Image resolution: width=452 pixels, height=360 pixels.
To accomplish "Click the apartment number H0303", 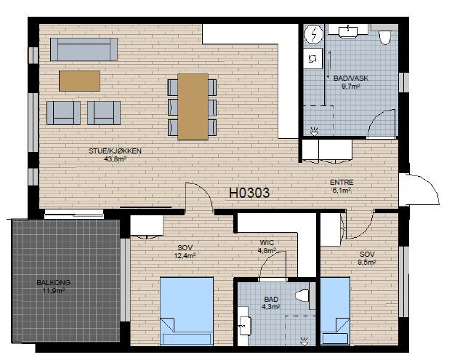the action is (x=249, y=193).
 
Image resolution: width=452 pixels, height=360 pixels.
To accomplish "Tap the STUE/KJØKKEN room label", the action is (x=115, y=151).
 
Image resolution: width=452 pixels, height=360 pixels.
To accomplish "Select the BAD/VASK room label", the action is (x=351, y=78).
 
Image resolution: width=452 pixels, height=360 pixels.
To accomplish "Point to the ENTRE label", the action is (x=342, y=183).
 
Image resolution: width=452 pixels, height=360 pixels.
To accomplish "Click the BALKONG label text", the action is (x=53, y=283).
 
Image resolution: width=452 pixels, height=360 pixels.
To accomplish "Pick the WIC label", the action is (x=267, y=243).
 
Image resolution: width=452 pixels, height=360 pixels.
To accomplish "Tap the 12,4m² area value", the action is (x=185, y=255).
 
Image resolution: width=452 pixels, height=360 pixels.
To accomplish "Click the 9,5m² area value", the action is (x=367, y=263).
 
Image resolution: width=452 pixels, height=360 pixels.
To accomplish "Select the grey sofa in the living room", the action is (x=84, y=49).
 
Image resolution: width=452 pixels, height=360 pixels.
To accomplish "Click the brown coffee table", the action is (x=79, y=81).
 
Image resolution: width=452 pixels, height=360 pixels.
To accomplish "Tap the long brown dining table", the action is (x=193, y=107).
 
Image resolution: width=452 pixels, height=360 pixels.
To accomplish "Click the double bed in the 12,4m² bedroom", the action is (x=187, y=311).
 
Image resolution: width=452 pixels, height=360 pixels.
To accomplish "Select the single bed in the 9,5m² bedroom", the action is (x=335, y=311).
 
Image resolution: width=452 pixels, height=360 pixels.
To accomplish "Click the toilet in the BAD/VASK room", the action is (x=384, y=36).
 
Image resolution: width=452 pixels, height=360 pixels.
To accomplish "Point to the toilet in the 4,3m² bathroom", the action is (x=302, y=296).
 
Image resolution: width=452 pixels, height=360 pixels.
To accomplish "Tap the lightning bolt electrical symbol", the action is (x=314, y=35).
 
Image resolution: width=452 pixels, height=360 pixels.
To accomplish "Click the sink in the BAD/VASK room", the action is (x=348, y=31).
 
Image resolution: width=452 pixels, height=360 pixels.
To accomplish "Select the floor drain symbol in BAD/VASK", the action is (x=314, y=132).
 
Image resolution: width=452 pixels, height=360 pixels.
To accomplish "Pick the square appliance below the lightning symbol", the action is (x=312, y=59).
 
